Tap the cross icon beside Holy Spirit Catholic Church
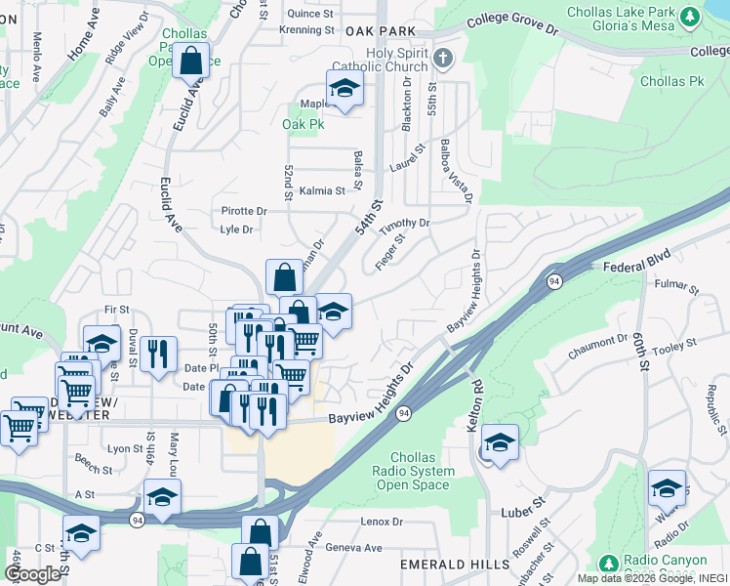point(444,59)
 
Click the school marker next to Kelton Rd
point(500,442)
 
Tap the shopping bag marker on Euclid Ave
point(191,60)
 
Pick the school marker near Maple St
point(345,89)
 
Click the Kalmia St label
point(322,191)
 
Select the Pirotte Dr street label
point(244,211)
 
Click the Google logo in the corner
point(32,574)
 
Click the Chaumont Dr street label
point(602,342)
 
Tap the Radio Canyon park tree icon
point(609,564)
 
